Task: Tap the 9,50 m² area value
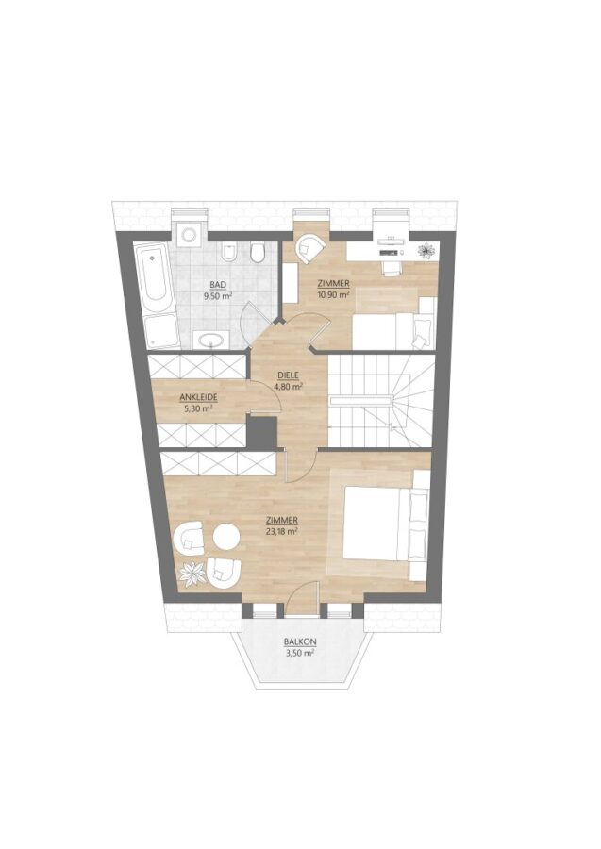point(218,296)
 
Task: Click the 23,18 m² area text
point(282,531)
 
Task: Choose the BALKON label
point(300,642)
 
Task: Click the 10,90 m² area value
point(332,294)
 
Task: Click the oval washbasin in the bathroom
point(211,340)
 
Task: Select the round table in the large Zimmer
point(226,536)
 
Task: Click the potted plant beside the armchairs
point(192,573)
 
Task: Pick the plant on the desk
point(427,250)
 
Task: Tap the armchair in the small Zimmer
point(309,248)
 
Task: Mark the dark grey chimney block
point(261,431)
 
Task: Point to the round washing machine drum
point(189,235)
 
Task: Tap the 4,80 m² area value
point(288,387)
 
